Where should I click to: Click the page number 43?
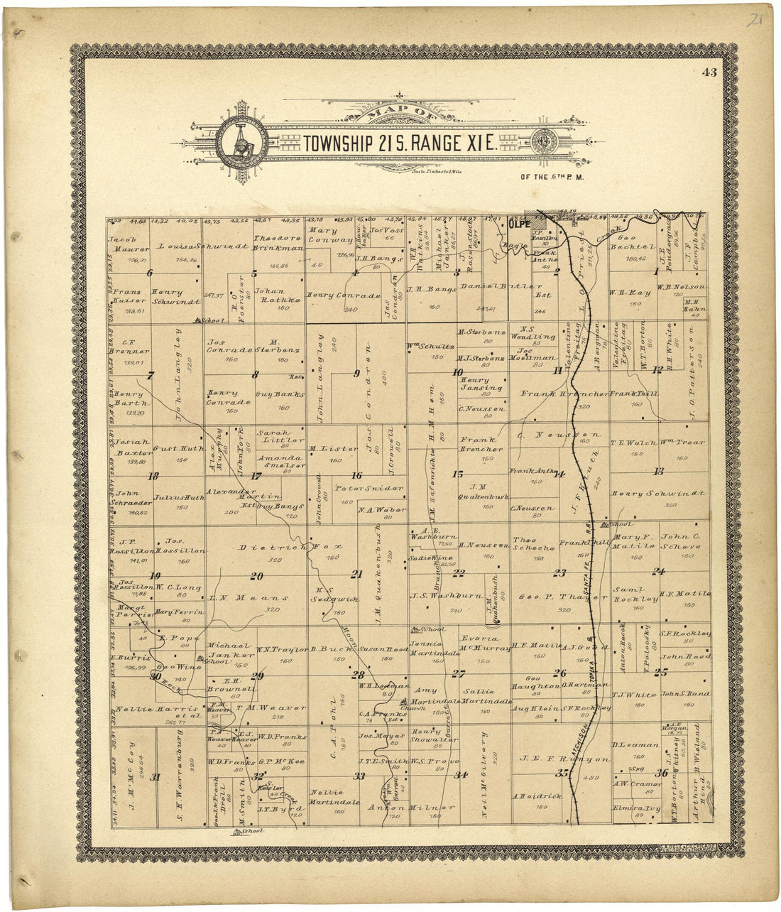[710, 72]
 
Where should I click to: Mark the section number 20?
[256, 576]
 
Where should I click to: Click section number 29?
[257, 676]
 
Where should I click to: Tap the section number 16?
[357, 476]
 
